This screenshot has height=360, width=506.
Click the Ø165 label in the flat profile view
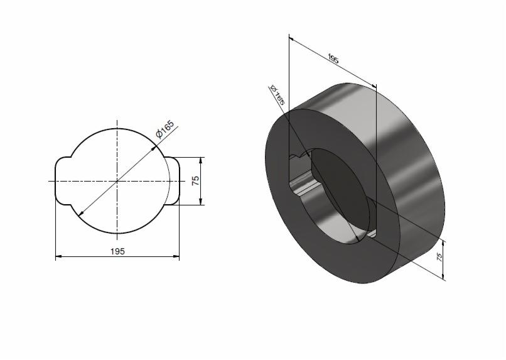pos(164,128)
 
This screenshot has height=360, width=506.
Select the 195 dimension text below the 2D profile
pos(117,251)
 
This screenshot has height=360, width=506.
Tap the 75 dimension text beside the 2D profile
pos(195,180)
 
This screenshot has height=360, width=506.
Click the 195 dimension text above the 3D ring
pos(333,60)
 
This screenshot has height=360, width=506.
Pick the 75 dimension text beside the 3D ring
pos(439,257)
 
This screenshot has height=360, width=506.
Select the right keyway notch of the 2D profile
pos(173,180)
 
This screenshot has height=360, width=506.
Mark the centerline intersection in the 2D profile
pos(117,180)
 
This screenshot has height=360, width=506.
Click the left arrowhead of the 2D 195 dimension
pos(58,256)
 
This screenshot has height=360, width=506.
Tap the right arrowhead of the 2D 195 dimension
pos(176,256)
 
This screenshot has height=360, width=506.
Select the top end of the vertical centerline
pos(117,121)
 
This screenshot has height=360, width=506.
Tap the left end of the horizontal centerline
pos(49,180)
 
